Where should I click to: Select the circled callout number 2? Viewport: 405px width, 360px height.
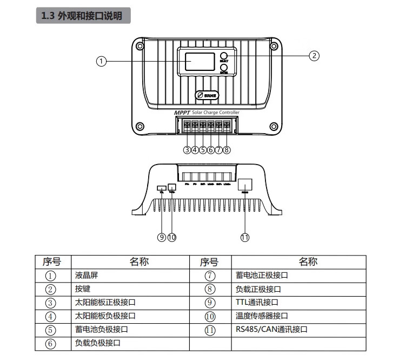pos(314,55)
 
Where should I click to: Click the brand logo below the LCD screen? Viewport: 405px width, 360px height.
pos(207,95)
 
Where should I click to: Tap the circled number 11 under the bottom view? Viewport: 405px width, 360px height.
pos(244,237)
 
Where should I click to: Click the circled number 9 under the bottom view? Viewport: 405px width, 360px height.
pos(162,237)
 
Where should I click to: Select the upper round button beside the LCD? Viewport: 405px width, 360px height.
pos(223,56)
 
